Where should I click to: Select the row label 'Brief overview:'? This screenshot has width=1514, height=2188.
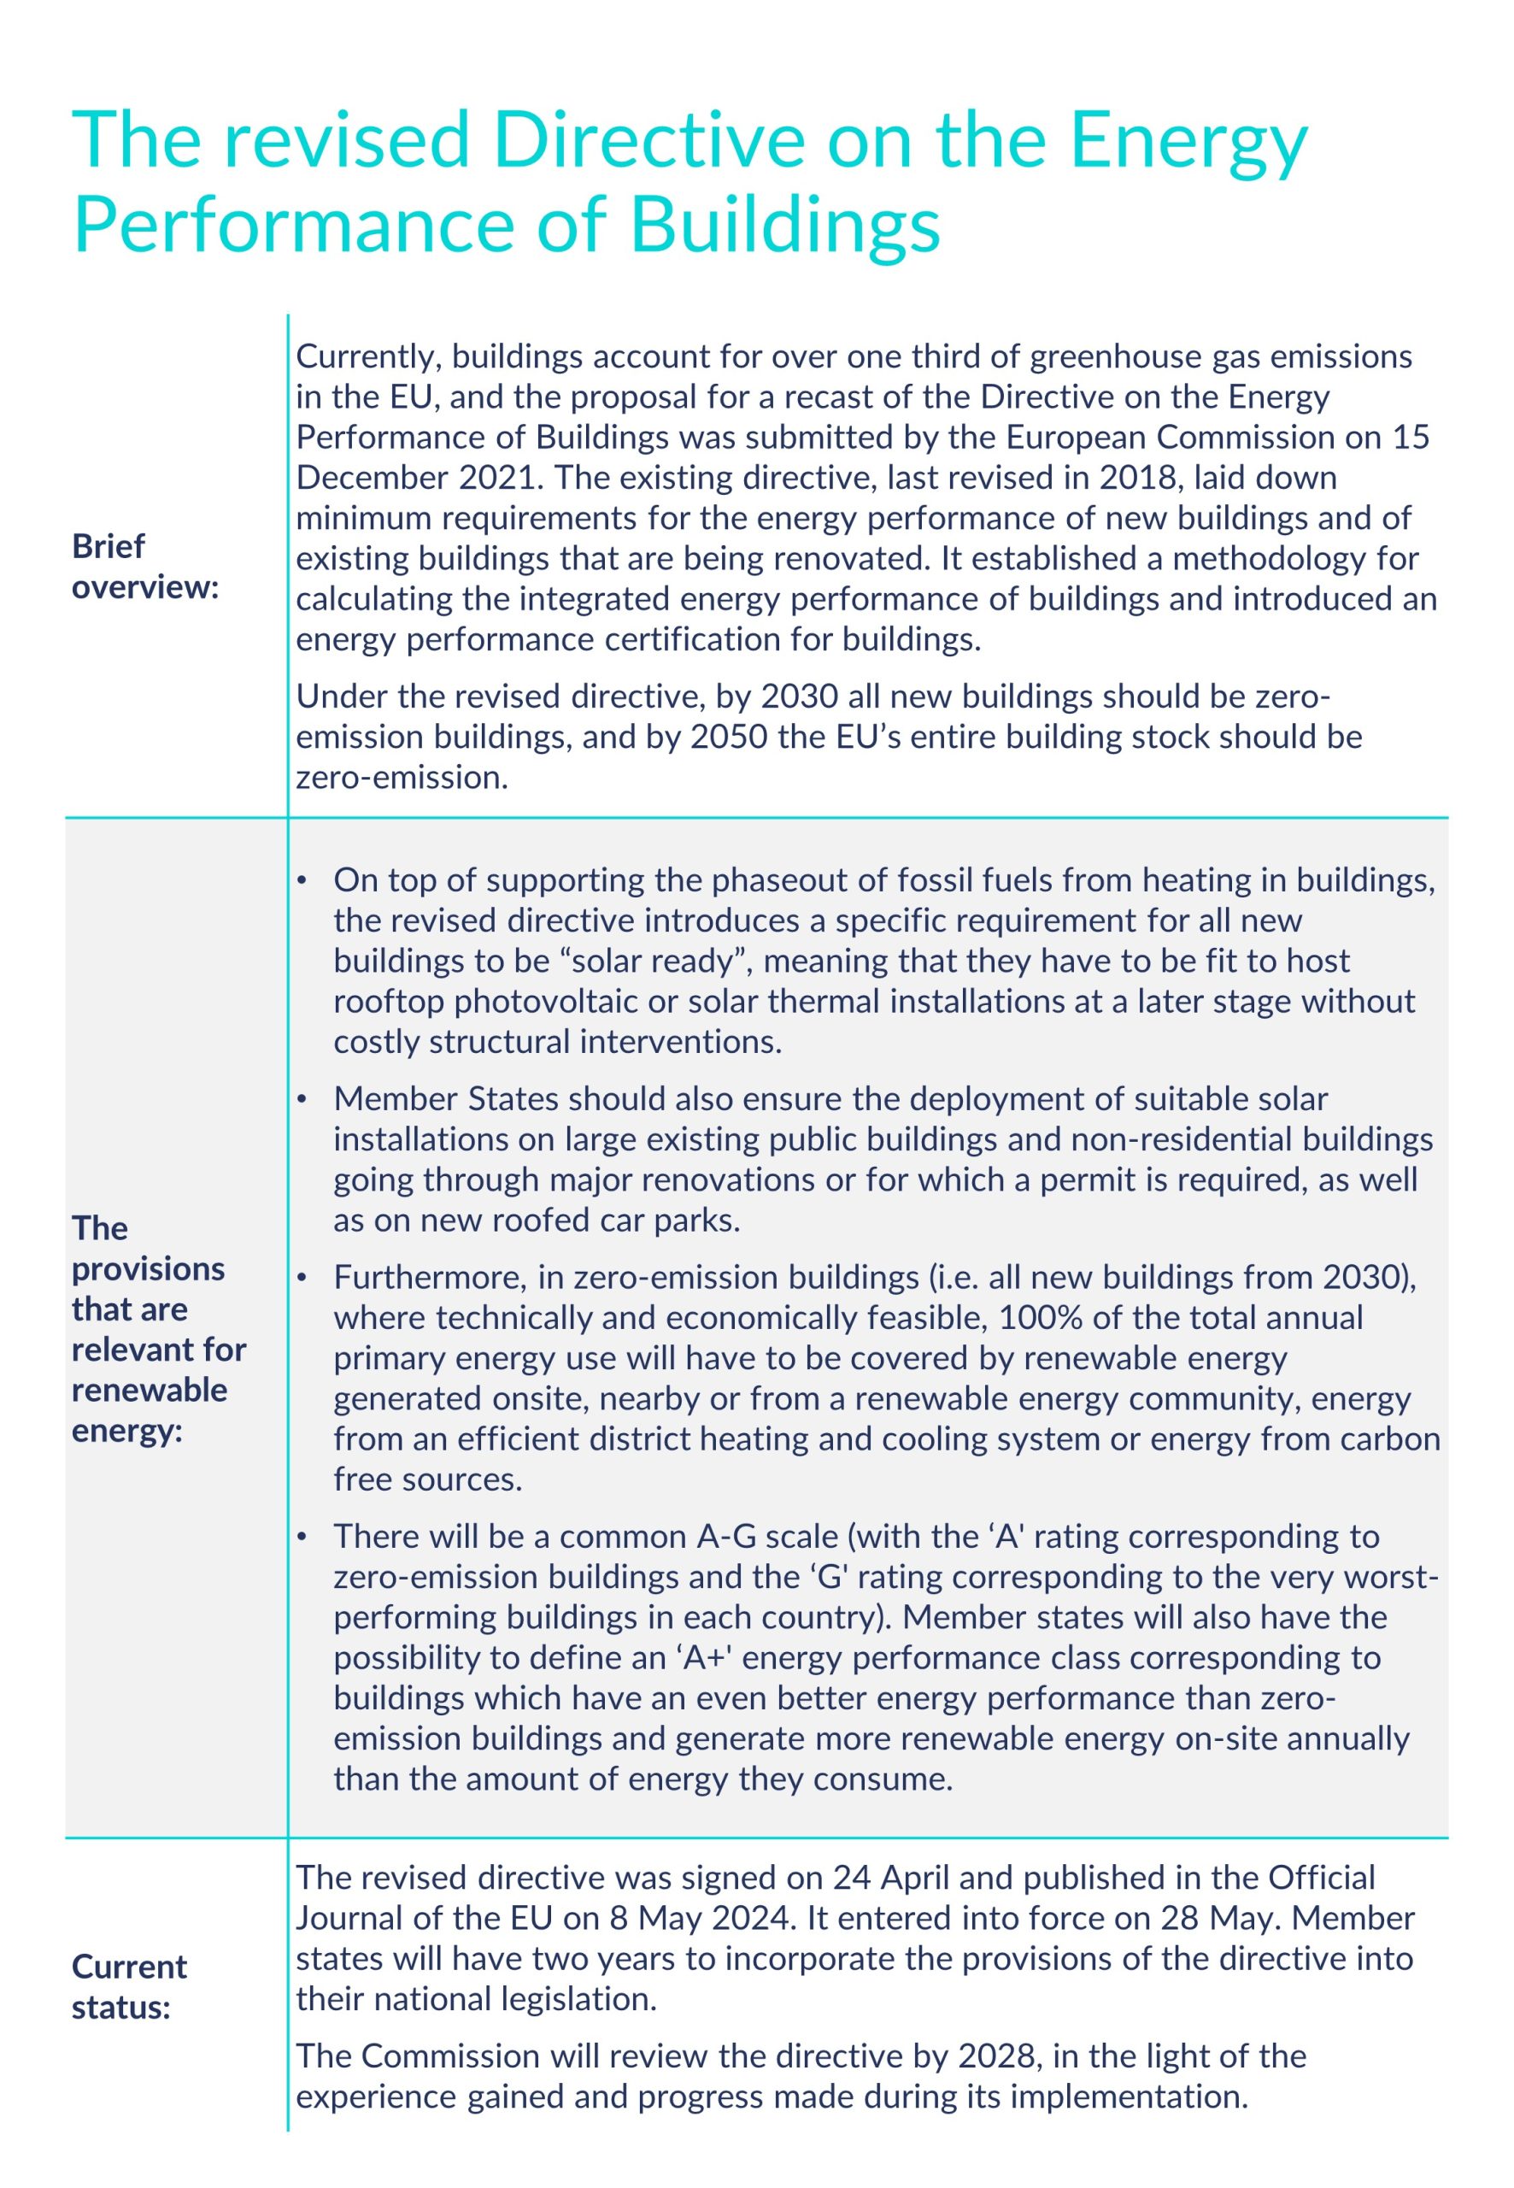145,567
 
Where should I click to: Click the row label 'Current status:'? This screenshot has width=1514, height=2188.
129,1987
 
